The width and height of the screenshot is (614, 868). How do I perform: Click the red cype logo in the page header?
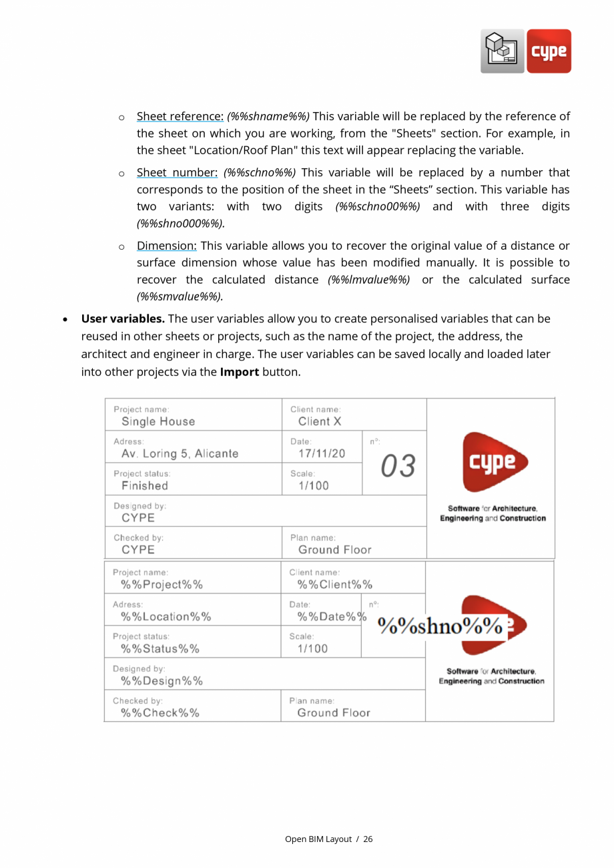point(549,51)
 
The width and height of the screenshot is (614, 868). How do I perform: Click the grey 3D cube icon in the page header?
point(503,51)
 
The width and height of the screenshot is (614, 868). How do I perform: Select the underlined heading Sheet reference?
point(180,117)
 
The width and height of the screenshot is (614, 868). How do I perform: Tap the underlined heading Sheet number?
point(177,173)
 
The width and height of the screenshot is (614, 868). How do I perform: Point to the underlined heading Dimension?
point(166,246)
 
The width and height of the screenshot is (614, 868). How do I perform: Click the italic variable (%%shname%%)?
point(268,117)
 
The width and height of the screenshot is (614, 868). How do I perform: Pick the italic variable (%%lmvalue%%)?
point(369,280)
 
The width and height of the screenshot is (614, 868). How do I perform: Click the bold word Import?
point(239,372)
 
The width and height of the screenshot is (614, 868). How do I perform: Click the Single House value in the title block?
point(158,421)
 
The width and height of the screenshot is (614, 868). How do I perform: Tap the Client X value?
point(320,421)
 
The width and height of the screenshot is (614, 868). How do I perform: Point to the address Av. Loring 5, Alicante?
point(180,454)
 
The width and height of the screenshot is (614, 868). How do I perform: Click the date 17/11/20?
point(322,454)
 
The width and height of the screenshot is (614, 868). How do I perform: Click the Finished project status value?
point(144,486)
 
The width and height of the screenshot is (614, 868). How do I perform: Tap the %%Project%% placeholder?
point(162,585)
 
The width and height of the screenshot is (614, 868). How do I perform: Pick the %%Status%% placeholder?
point(160,649)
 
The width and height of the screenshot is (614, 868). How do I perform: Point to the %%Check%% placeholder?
point(160,713)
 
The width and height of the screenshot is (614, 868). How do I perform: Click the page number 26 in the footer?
point(368,839)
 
